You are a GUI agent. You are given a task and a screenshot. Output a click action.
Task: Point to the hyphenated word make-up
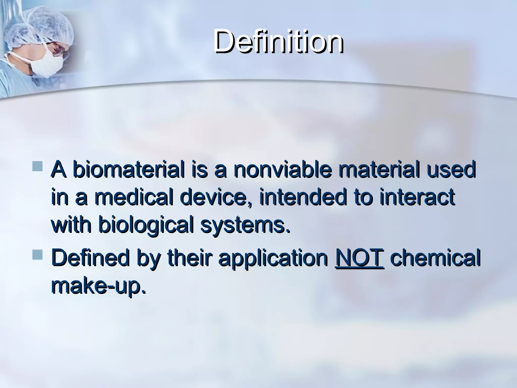(x=98, y=288)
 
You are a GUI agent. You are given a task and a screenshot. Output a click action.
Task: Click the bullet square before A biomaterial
(x=38, y=167)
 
